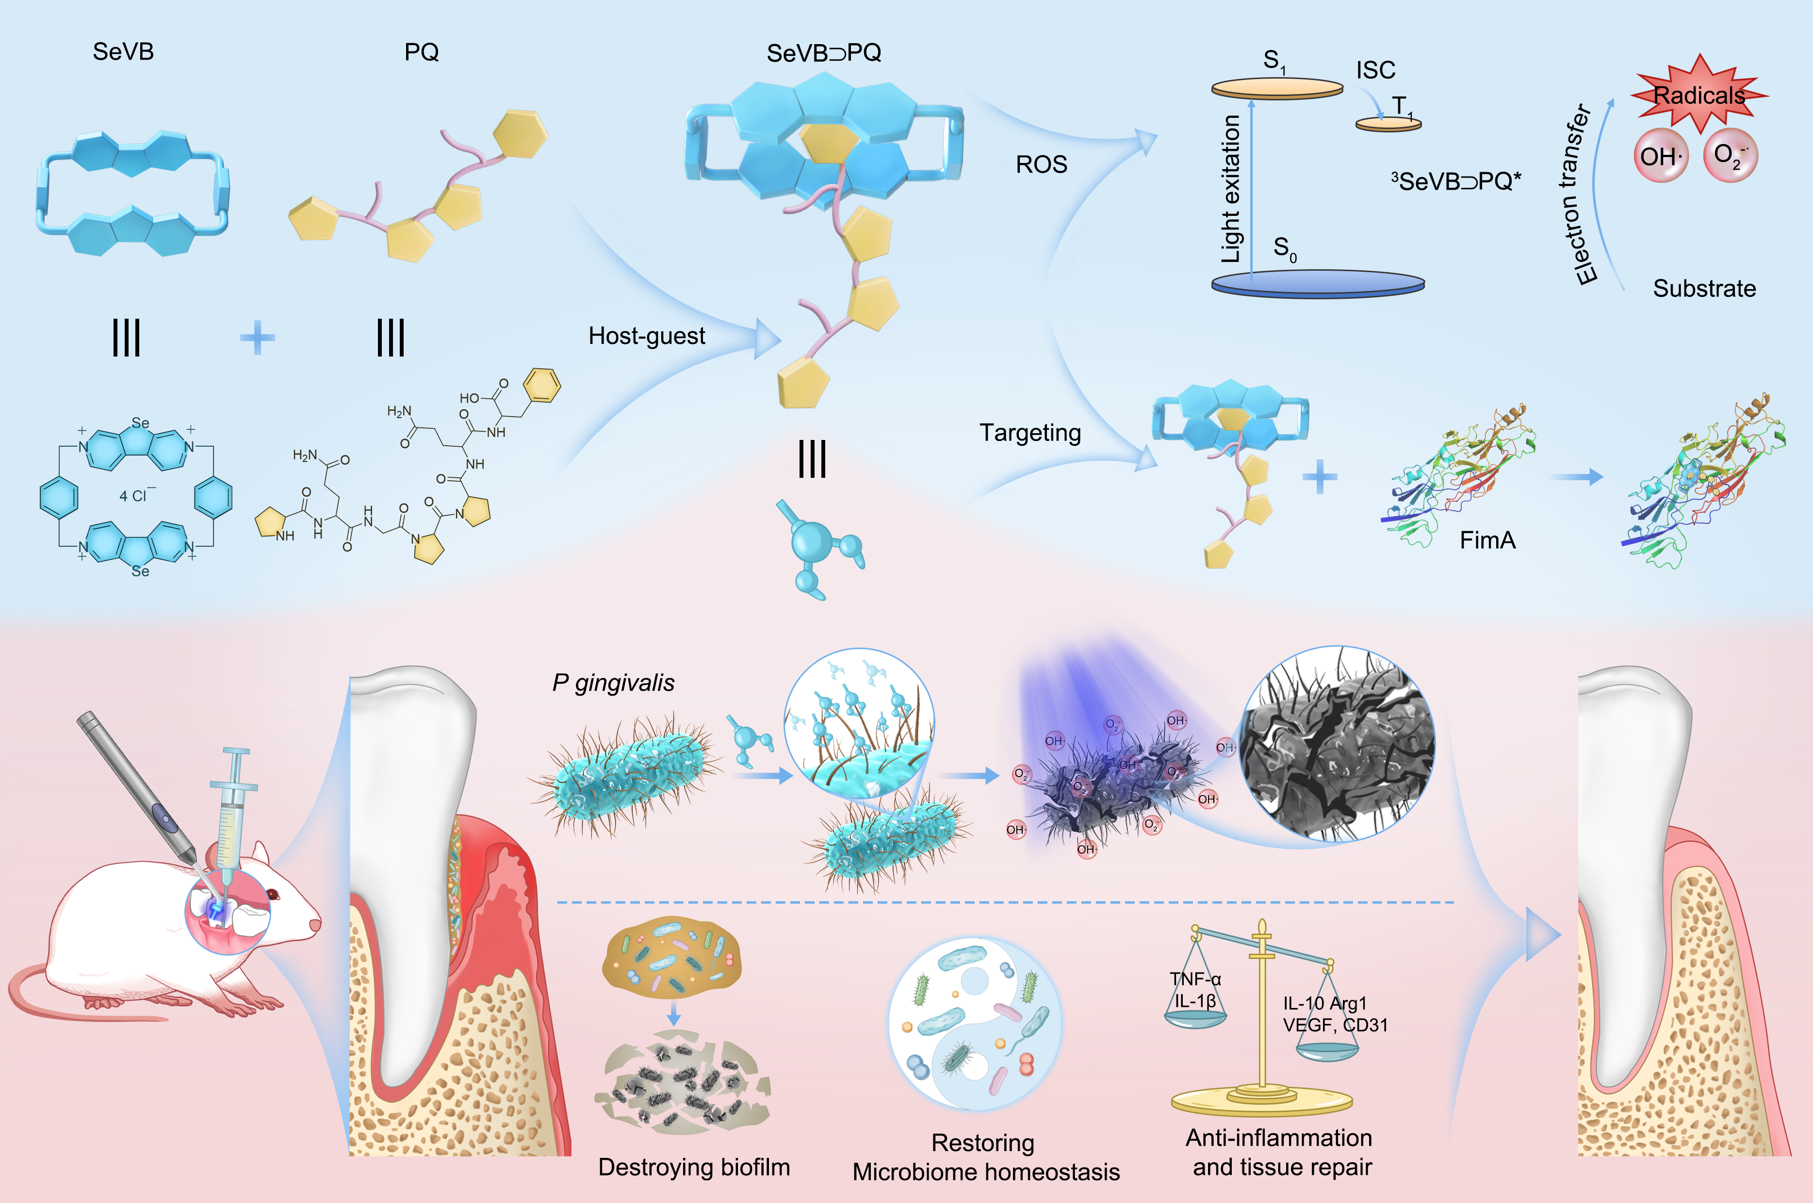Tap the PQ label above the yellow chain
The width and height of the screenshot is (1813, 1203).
pos(421,52)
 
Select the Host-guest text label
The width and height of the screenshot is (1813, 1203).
pos(646,336)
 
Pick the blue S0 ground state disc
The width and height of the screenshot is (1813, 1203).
pos(1317,283)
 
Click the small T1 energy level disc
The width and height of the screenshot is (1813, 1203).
pos(1388,124)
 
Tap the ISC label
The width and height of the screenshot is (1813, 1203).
pos(1375,71)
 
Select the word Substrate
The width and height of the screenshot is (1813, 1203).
pos(1704,289)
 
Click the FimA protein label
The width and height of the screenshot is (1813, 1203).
pos(1487,541)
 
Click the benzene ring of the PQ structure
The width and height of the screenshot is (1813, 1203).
pos(542,385)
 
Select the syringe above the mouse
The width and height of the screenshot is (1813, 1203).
pos(230,813)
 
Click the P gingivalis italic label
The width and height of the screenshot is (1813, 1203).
pos(613,683)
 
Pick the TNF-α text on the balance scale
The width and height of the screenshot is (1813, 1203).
pos(1194,979)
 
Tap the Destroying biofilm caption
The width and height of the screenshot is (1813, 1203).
pos(694,1167)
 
